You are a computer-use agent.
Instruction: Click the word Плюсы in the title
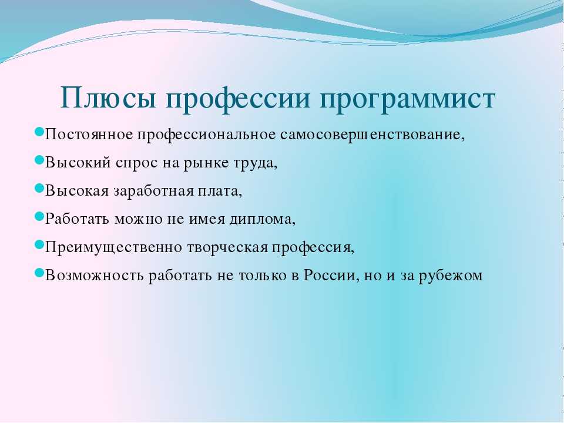tap(109, 98)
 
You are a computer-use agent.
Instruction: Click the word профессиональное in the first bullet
tap(207, 136)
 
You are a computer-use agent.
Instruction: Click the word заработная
tap(154, 192)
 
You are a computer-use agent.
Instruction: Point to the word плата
tap(220, 192)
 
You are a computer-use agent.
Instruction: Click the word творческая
tap(227, 248)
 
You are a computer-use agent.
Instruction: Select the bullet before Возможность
tap(39, 272)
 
